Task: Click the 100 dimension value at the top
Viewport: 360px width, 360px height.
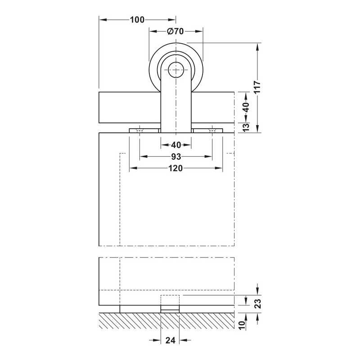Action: (x=137, y=20)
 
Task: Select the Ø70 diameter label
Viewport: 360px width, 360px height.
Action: (x=175, y=31)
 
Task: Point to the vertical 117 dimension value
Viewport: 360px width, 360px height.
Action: (x=257, y=87)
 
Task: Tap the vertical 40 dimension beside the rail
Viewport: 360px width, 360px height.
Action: (x=246, y=107)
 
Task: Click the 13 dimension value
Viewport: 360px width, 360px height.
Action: (x=246, y=127)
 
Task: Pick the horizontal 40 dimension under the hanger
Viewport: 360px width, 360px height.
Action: (x=176, y=145)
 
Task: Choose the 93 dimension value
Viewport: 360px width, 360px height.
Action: (x=176, y=157)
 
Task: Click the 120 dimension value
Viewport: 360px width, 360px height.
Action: (x=175, y=168)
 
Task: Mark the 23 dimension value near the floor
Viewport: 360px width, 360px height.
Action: (x=257, y=303)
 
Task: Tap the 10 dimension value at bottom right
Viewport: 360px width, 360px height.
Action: (x=242, y=325)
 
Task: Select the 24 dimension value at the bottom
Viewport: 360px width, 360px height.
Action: (x=170, y=340)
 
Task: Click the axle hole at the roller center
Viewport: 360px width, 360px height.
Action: (x=176, y=70)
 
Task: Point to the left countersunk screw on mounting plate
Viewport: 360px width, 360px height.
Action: (x=139, y=130)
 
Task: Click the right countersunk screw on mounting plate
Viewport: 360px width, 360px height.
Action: (x=212, y=130)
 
